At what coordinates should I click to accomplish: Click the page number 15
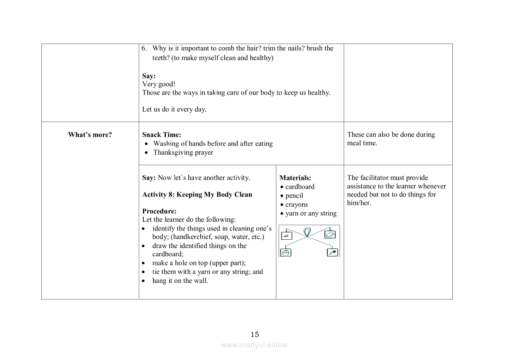point(255,335)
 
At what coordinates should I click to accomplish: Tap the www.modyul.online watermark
point(254,345)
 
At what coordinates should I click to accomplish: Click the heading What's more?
point(90,135)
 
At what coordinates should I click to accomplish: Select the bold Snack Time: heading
point(162,135)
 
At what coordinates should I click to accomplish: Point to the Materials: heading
point(295,178)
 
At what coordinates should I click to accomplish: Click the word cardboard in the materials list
point(300,187)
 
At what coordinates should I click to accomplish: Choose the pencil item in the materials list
point(294,196)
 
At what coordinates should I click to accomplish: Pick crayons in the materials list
point(297,204)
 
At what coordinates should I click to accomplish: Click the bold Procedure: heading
point(159,211)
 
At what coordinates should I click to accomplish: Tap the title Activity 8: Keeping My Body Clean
point(197,194)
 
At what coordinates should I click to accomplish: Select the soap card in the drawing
point(330,234)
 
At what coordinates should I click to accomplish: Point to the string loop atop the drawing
point(308,232)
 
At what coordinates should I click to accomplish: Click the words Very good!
point(158,84)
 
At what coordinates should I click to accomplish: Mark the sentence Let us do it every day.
point(174,109)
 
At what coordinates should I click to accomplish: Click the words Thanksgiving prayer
point(183,153)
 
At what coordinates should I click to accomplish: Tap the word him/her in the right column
point(359,203)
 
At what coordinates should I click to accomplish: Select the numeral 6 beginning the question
point(144,48)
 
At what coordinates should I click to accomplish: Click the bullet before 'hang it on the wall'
point(144,281)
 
